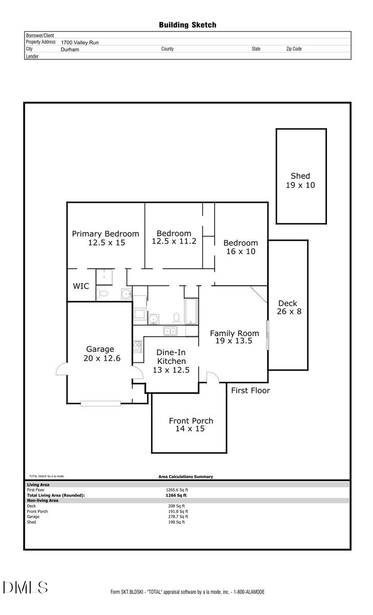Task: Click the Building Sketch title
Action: pos(187,25)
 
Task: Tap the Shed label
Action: pos(300,176)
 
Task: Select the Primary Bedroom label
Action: pos(106,234)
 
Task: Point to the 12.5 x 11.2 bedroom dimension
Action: pos(174,241)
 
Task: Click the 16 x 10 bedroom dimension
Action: pos(241,252)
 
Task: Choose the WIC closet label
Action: pos(81,286)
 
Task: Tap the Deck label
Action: pos(288,303)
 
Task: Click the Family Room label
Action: pos(234,333)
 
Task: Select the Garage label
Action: pos(100,350)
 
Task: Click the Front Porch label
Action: pos(191,421)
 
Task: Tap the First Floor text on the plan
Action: pos(250,391)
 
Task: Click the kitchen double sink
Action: pos(171,331)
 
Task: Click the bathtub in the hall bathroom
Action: pos(191,311)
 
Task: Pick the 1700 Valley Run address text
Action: pos(79,43)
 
